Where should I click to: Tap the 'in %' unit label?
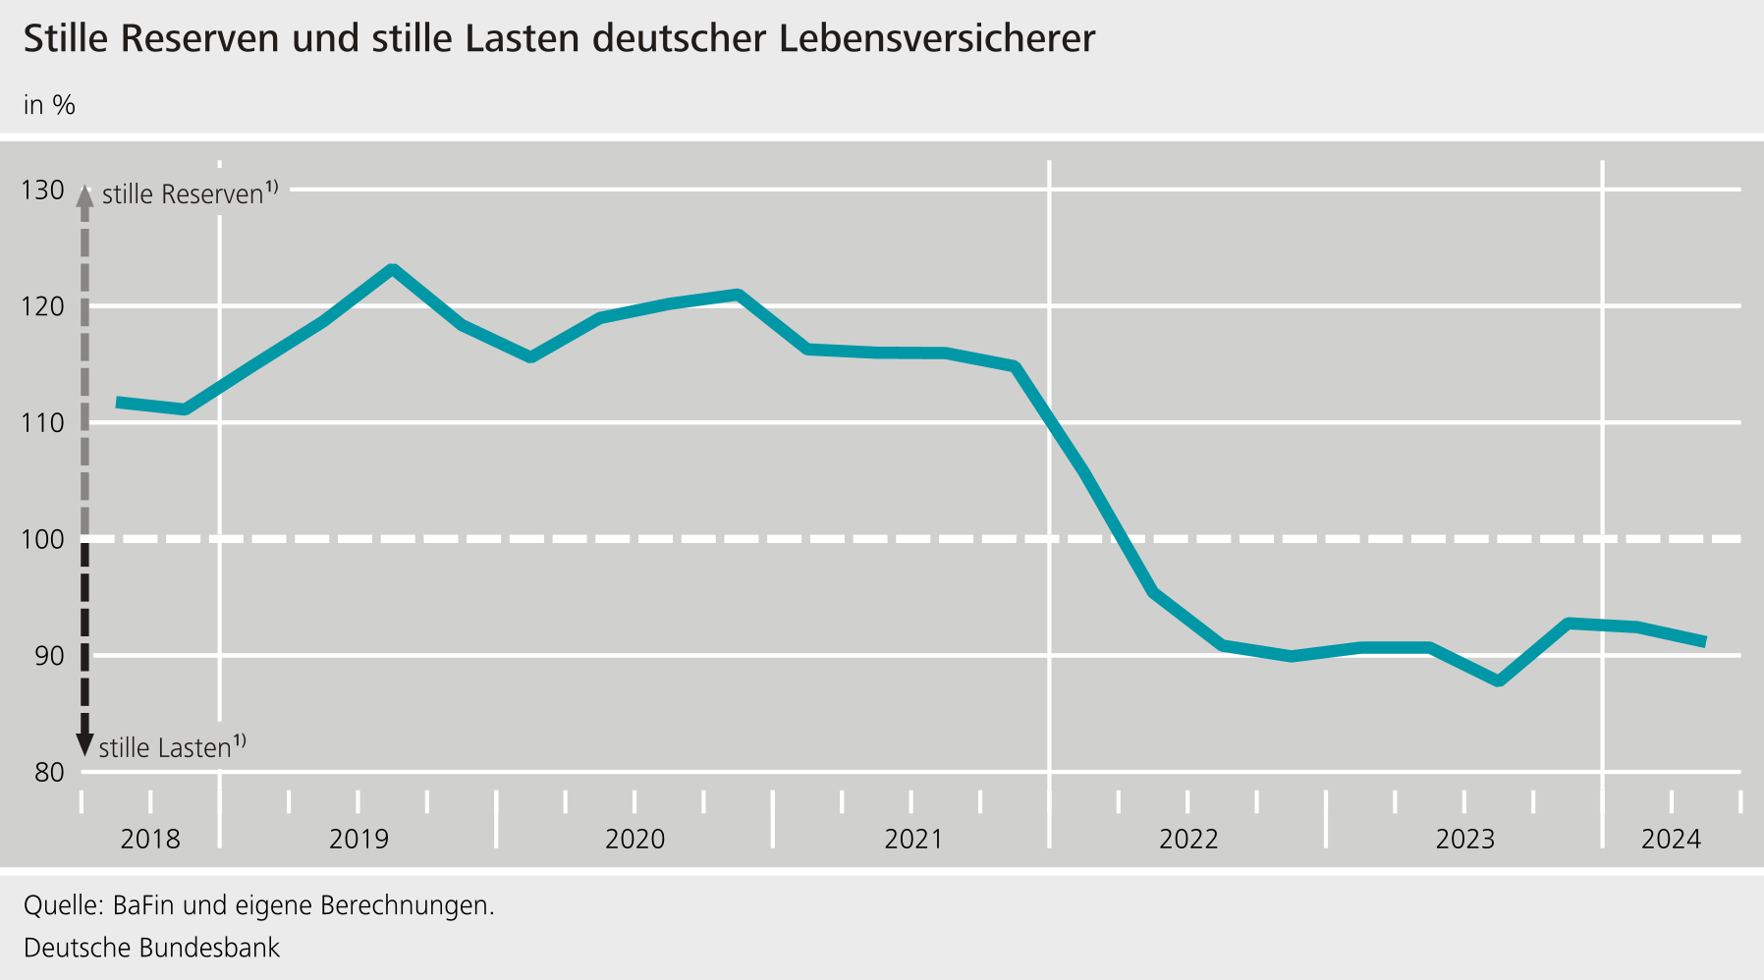pos(49,105)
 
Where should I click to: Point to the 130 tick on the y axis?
pos(42,190)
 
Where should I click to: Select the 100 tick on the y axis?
pos(42,539)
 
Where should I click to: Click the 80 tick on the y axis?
pos(49,772)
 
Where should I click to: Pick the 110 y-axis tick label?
pos(42,423)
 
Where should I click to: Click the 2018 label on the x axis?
pos(150,840)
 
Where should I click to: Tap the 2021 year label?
pos(912,840)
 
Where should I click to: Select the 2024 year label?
pos(1671,840)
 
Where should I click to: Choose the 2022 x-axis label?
pos(1188,840)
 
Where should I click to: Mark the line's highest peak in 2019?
pos(392,269)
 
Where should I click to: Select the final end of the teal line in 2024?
pos(1704,641)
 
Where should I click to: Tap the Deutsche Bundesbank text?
pos(151,948)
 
